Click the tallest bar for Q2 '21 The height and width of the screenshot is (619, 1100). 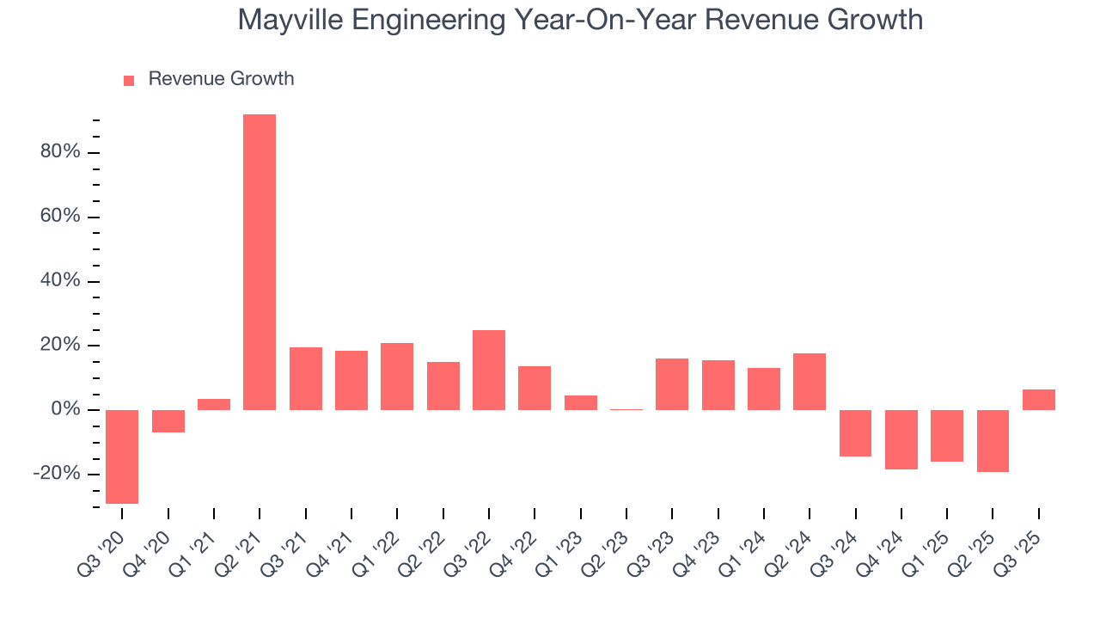(x=260, y=262)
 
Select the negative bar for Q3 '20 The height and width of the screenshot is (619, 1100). (x=122, y=457)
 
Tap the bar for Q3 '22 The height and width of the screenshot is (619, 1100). (x=489, y=370)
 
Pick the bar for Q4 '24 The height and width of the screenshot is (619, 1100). (x=901, y=439)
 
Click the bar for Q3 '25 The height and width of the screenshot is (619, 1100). (x=1039, y=400)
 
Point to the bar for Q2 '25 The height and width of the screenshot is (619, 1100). (x=993, y=441)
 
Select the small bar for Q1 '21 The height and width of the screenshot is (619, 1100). (x=214, y=404)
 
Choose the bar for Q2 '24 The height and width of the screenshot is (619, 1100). (x=810, y=382)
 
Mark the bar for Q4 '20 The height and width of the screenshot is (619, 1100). (x=168, y=421)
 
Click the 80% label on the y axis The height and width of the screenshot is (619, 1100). (x=59, y=152)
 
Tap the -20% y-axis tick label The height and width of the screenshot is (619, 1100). (x=57, y=474)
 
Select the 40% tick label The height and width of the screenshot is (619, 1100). (x=59, y=281)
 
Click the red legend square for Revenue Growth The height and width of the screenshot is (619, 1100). (x=129, y=80)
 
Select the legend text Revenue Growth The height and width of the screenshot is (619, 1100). (x=221, y=79)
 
